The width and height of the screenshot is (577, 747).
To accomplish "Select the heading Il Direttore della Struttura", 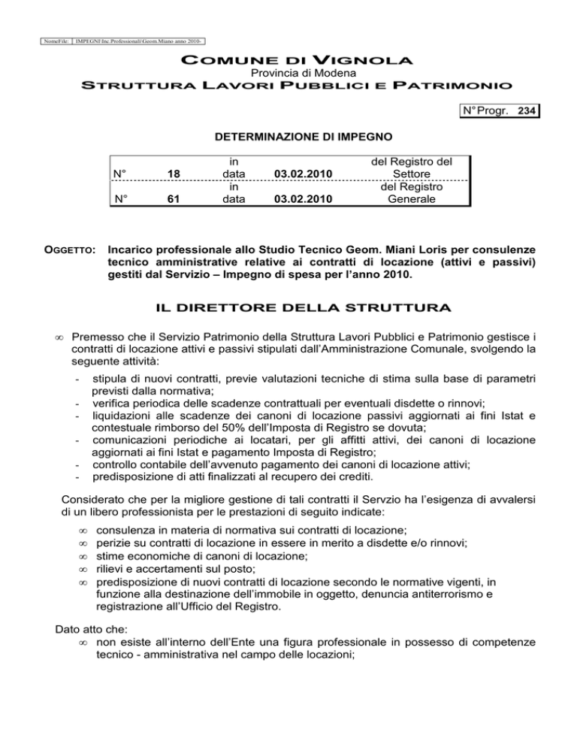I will click(288, 308).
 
